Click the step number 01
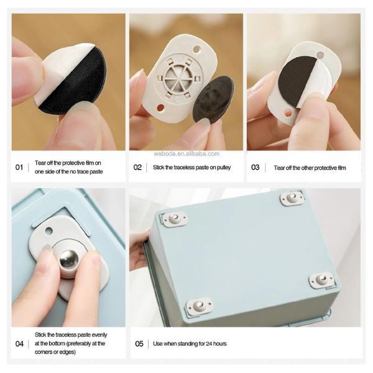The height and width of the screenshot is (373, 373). click(x=19, y=167)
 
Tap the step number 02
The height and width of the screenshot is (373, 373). click(x=137, y=167)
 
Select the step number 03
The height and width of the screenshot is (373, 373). click(x=256, y=167)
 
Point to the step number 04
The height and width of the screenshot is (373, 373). click(x=19, y=344)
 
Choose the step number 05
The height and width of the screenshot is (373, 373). click(x=139, y=344)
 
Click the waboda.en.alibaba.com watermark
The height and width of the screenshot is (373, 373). click(x=186, y=154)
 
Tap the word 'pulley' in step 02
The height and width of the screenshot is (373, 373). click(x=224, y=168)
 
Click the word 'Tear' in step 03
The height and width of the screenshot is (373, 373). click(x=279, y=168)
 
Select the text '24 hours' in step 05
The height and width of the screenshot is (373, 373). click(x=216, y=344)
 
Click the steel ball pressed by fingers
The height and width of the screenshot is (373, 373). click(x=69, y=259)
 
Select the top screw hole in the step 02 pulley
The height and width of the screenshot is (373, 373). click(x=196, y=50)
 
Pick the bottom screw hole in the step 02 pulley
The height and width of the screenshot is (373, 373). click(x=160, y=108)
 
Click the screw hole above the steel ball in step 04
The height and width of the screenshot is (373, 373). click(x=48, y=231)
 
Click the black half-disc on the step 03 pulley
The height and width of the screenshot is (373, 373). click(x=299, y=81)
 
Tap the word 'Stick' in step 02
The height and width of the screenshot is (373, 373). click(x=159, y=167)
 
